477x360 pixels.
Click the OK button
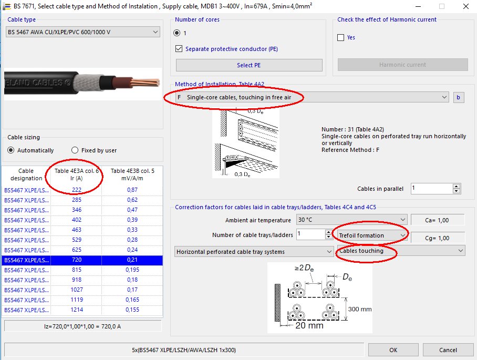pyautogui.click(x=393, y=350)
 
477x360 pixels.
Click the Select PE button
pyautogui.click(x=248, y=65)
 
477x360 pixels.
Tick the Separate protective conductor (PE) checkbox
pyautogui.click(x=179, y=49)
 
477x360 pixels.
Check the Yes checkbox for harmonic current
pyautogui.click(x=341, y=38)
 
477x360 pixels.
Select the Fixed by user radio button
pyautogui.click(x=75, y=150)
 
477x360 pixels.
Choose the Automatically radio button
pyautogui.click(x=11, y=150)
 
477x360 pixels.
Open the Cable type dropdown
pyautogui.click(x=82, y=32)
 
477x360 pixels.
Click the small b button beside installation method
pyautogui.click(x=459, y=97)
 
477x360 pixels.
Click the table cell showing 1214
pyautogui.click(x=76, y=310)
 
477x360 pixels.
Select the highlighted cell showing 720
pyautogui.click(x=76, y=260)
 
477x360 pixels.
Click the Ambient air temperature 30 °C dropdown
pyautogui.click(x=351, y=220)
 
